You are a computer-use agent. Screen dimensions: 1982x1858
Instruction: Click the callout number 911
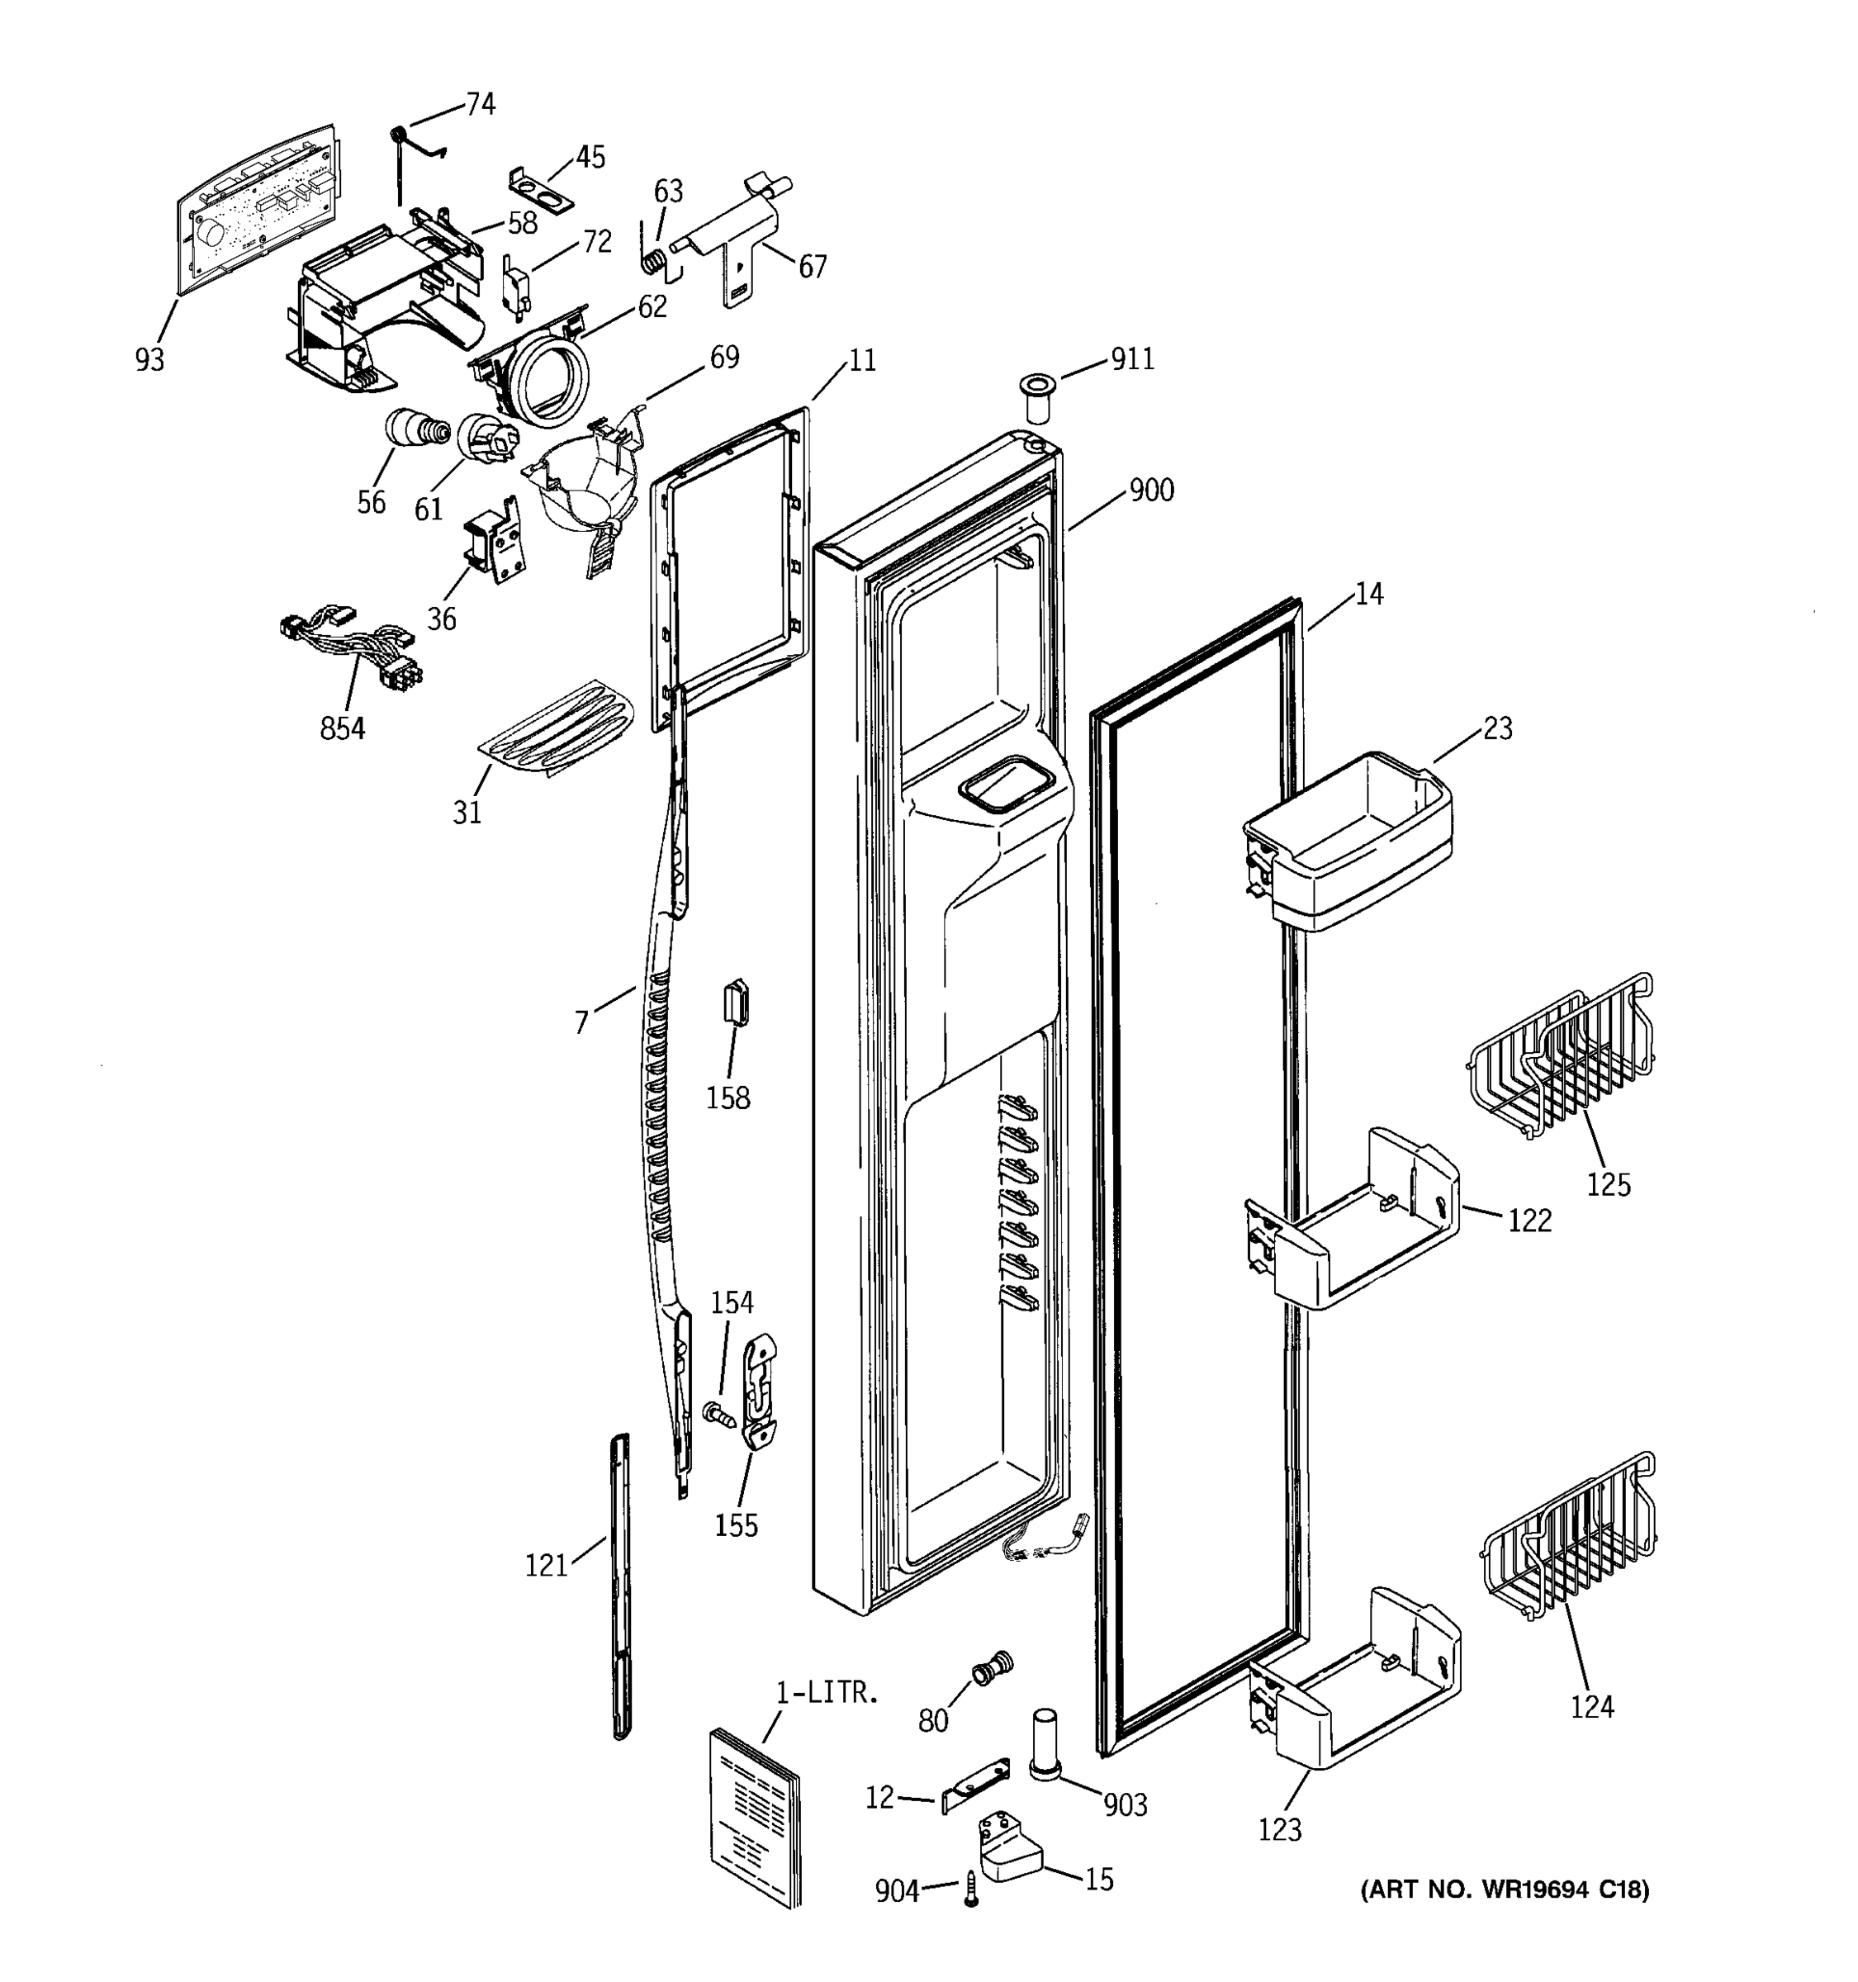1132,359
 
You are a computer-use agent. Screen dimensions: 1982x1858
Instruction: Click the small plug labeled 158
737,1002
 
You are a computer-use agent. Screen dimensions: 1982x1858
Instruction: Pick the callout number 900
1151,491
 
